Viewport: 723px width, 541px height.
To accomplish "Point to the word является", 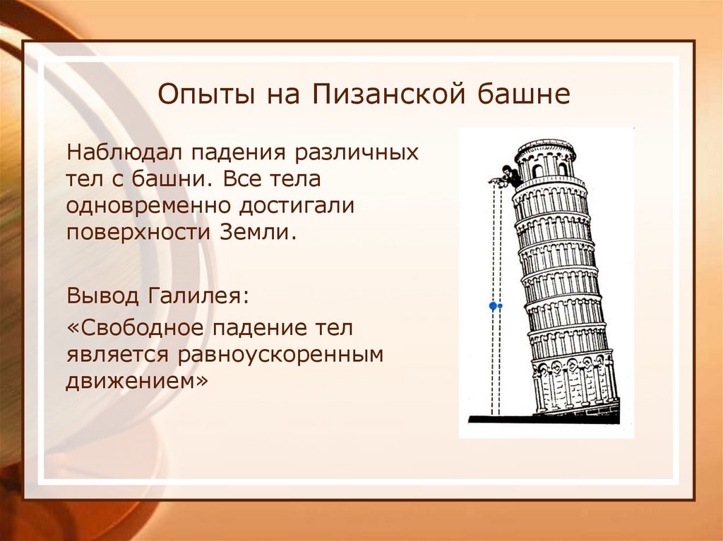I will tap(116, 355).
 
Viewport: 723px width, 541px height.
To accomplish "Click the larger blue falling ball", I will tap(493, 306).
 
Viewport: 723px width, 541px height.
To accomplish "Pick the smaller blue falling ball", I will tap(501, 306).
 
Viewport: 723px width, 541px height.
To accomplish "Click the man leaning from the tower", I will tap(508, 176).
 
